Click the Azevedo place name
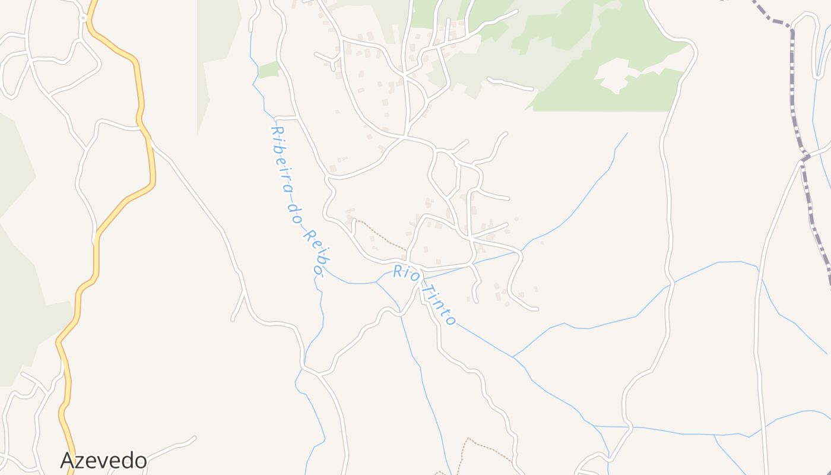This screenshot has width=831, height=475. pyautogui.click(x=103, y=460)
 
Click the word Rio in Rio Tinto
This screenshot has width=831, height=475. pyautogui.click(x=407, y=274)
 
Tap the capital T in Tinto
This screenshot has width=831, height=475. pyautogui.click(x=427, y=287)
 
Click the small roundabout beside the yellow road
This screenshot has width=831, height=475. pyautogui.click(x=84, y=18)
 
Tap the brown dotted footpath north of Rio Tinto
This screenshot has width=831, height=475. pyautogui.click(x=380, y=235)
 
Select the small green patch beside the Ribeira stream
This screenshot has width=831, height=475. pyautogui.click(x=269, y=69)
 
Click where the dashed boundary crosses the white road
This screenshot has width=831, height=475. pyautogui.click(x=805, y=158)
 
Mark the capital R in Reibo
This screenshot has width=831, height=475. pyautogui.click(x=308, y=237)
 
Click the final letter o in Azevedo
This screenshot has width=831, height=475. pyautogui.click(x=139, y=461)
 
